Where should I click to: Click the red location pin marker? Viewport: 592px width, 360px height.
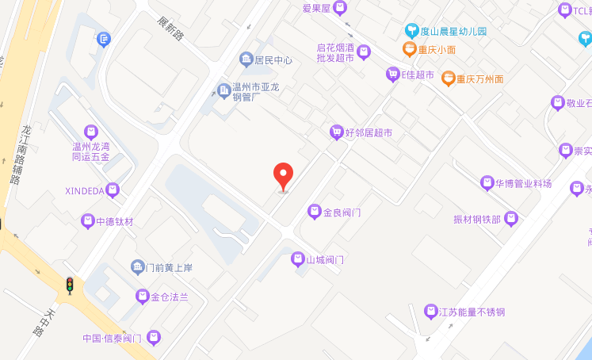pyautogui.click(x=283, y=175)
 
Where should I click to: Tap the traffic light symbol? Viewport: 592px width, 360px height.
pyautogui.click(x=70, y=285)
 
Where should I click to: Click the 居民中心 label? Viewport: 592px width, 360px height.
pyautogui.click(x=273, y=60)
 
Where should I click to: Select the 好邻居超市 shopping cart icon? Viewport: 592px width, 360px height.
pyautogui.click(x=336, y=132)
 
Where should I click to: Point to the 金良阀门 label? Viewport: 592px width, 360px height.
pyautogui.click(x=342, y=213)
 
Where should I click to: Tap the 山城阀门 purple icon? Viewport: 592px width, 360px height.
pyautogui.click(x=297, y=259)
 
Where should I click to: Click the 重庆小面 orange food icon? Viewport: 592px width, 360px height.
pyautogui.click(x=409, y=49)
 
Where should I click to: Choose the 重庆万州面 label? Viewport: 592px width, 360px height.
pyautogui.click(x=479, y=79)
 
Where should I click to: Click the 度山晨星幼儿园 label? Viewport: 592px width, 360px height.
pyautogui.click(x=453, y=32)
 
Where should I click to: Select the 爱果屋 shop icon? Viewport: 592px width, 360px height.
pyautogui.click(x=340, y=9)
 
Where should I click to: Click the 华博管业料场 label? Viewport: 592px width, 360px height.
pyautogui.click(x=523, y=183)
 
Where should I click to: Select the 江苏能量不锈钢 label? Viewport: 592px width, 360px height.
pyautogui.click(x=472, y=312)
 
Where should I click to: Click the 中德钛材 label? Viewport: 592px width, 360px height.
pyautogui.click(x=115, y=222)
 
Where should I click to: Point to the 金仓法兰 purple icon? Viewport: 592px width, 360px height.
pyautogui.click(x=143, y=297)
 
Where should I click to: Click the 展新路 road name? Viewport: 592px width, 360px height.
pyautogui.click(x=170, y=29)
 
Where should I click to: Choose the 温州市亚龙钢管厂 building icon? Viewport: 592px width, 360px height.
pyautogui.click(x=225, y=93)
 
